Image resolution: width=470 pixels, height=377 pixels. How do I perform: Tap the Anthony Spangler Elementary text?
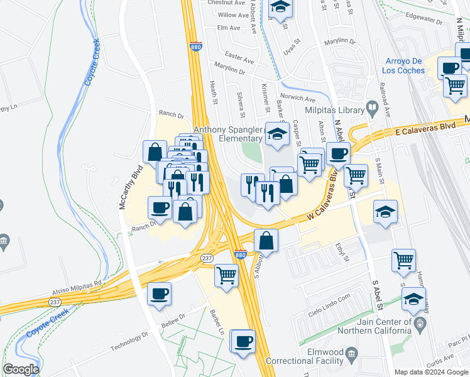227,134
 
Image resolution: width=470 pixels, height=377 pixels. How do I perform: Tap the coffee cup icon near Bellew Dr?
160,293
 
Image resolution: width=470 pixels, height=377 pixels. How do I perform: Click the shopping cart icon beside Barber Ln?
226,274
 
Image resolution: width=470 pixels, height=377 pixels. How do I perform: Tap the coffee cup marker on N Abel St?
338,153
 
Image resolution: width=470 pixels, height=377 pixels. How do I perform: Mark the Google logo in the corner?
21,369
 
